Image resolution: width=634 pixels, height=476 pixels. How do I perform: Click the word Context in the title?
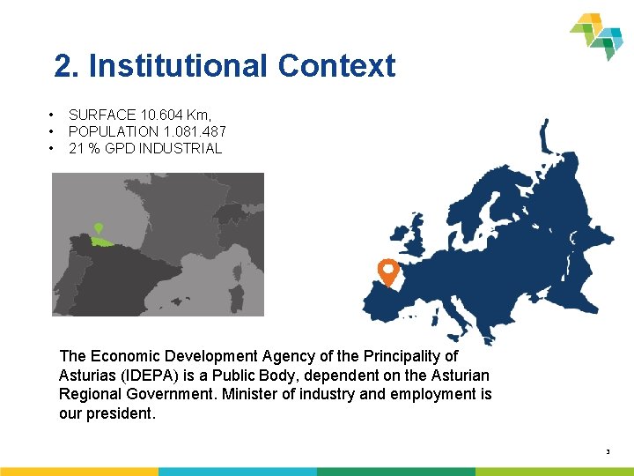(x=336, y=66)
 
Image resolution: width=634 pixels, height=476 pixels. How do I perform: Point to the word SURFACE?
(x=102, y=115)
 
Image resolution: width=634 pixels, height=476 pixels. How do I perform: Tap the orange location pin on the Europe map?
(x=387, y=270)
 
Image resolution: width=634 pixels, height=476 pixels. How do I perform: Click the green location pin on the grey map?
(x=99, y=228)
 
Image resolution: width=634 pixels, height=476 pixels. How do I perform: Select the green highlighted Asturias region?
(x=102, y=241)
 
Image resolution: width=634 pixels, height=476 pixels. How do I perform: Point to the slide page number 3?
(x=608, y=452)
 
